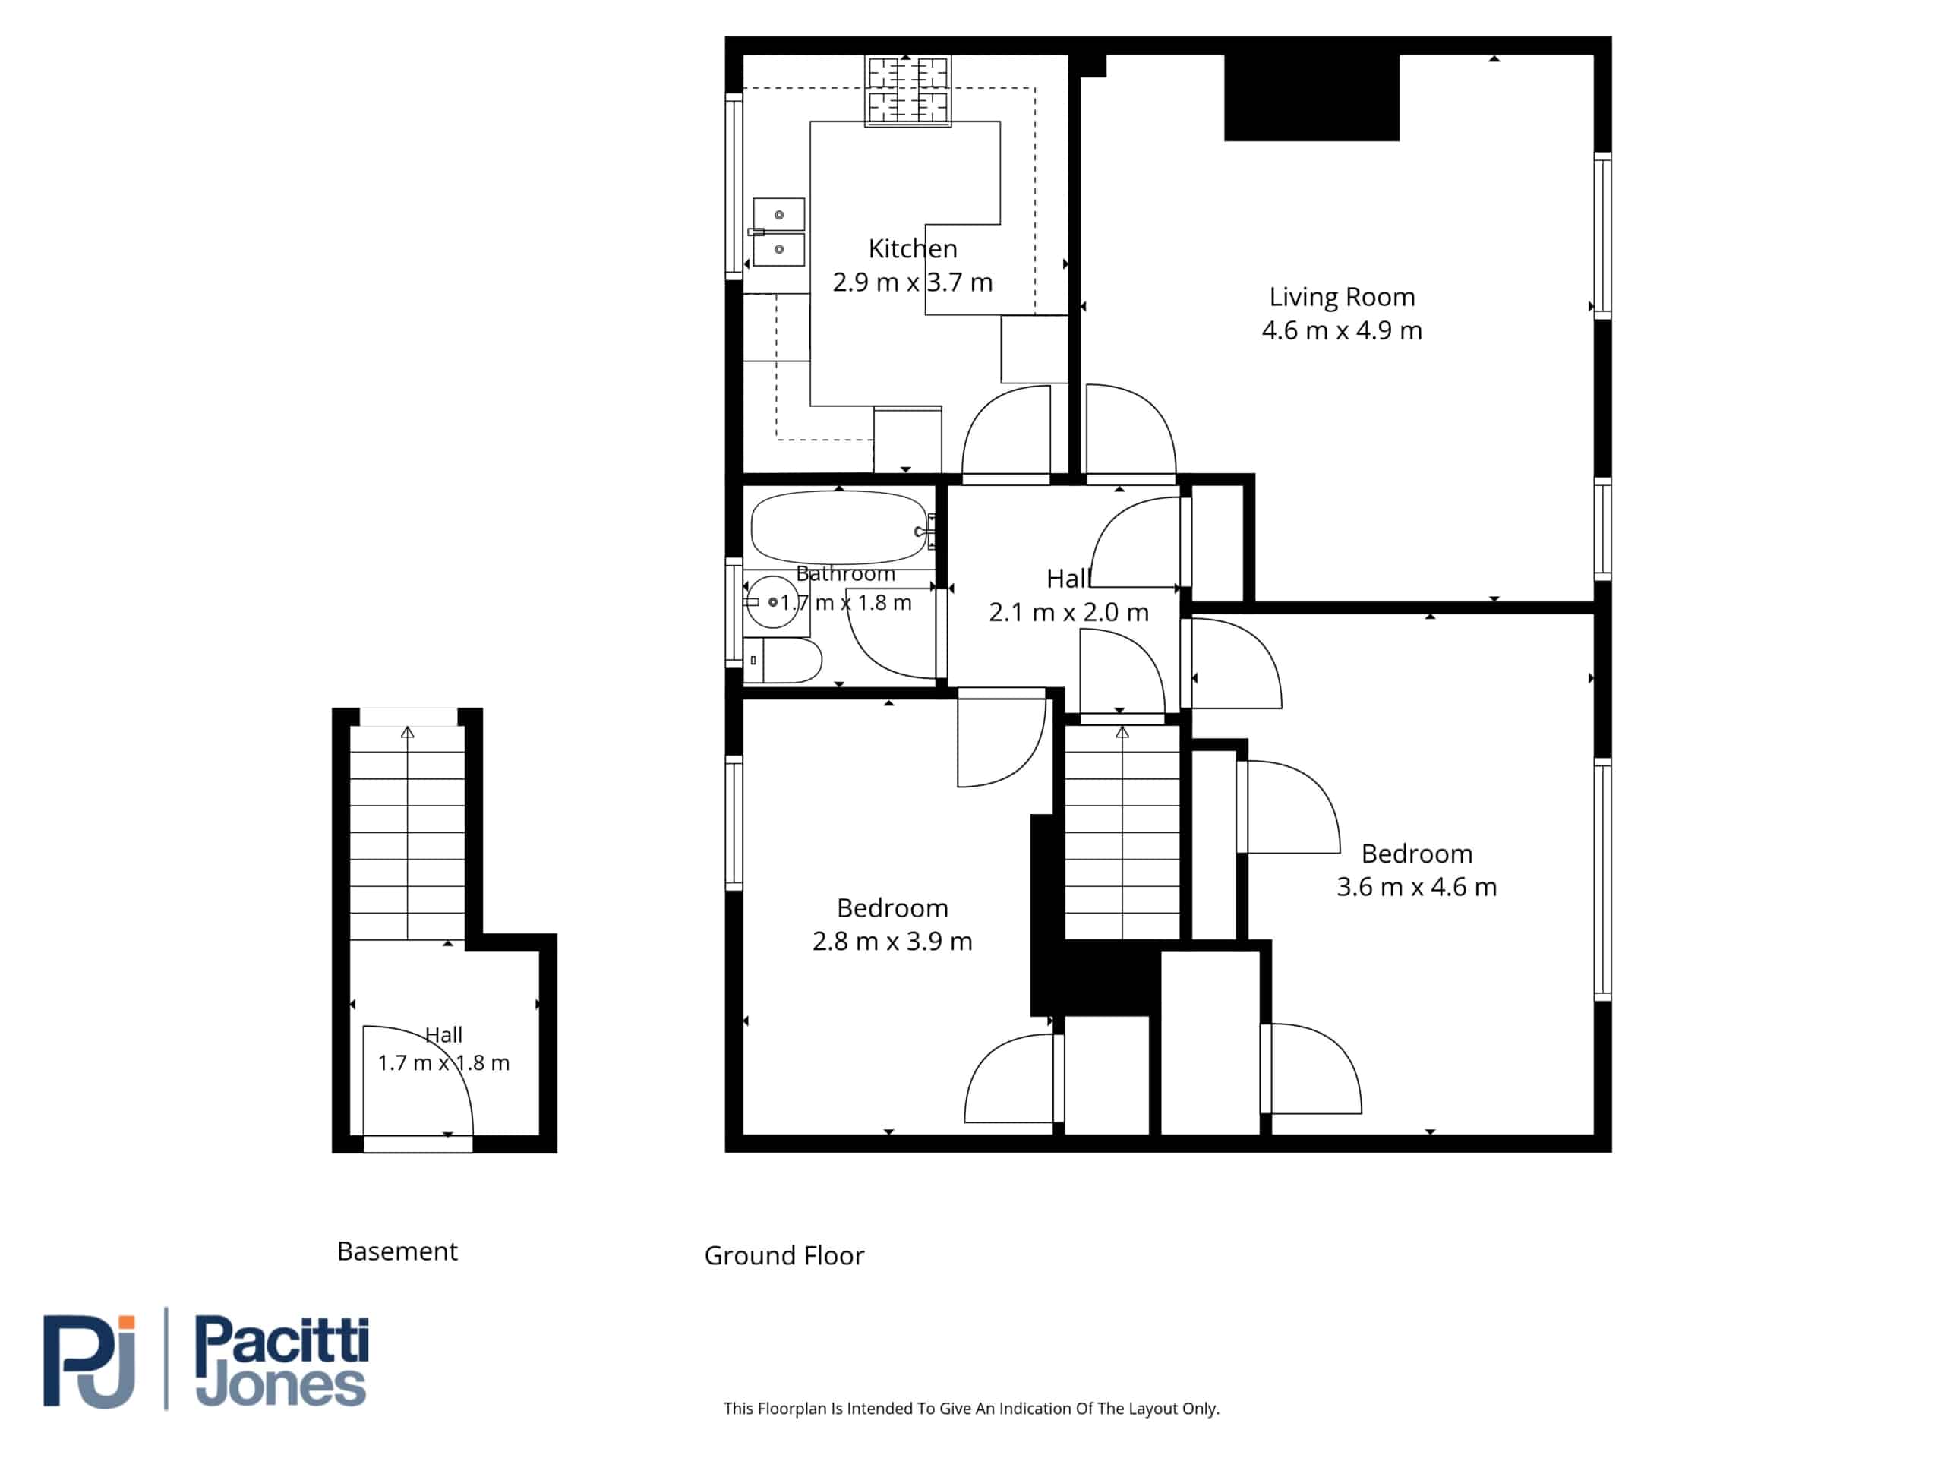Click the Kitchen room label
pyautogui.click(x=912, y=249)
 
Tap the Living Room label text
pyautogui.click(x=1342, y=297)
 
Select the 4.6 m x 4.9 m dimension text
pyautogui.click(x=1342, y=330)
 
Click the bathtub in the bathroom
pyautogui.click(x=840, y=527)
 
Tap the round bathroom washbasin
pyautogui.click(x=772, y=602)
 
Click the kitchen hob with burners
pyautogui.click(x=908, y=90)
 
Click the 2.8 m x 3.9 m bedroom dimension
pyautogui.click(x=892, y=941)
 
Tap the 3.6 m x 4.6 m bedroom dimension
pyautogui.click(x=1417, y=887)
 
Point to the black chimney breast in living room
pyautogui.click(x=1312, y=96)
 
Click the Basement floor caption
pyautogui.click(x=397, y=1251)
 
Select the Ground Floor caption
pyautogui.click(x=784, y=1256)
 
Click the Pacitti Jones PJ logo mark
pyautogui.click(x=90, y=1362)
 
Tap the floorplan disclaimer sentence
pyautogui.click(x=971, y=1408)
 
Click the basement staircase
pyautogui.click(x=408, y=833)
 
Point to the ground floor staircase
pyautogui.click(x=1122, y=832)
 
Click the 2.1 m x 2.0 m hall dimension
pyautogui.click(x=1068, y=613)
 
